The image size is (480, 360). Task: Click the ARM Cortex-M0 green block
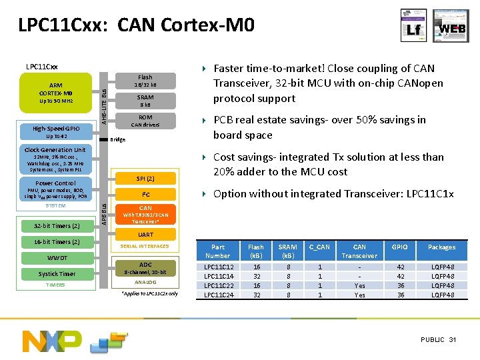coord(55,93)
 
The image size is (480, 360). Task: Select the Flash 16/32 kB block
coord(145,81)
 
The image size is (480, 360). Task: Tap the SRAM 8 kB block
coord(145,101)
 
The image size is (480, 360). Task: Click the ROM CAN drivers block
coord(145,121)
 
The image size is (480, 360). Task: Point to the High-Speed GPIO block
coord(56,131)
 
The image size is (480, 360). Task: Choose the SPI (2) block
coord(145,179)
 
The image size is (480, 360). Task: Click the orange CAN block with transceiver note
coord(145,214)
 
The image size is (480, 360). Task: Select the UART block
coord(145,235)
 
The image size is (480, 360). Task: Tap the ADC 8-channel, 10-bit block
coord(145,268)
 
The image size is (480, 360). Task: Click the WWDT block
coord(57,258)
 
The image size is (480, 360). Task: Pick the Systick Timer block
coord(57,274)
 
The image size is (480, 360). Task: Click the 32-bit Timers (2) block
coord(57,225)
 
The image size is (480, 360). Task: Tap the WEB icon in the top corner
coord(451,26)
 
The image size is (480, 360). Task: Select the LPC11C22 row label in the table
coord(217,285)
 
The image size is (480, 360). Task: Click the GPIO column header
coord(401,247)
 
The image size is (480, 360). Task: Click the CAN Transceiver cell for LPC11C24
coord(359,295)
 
